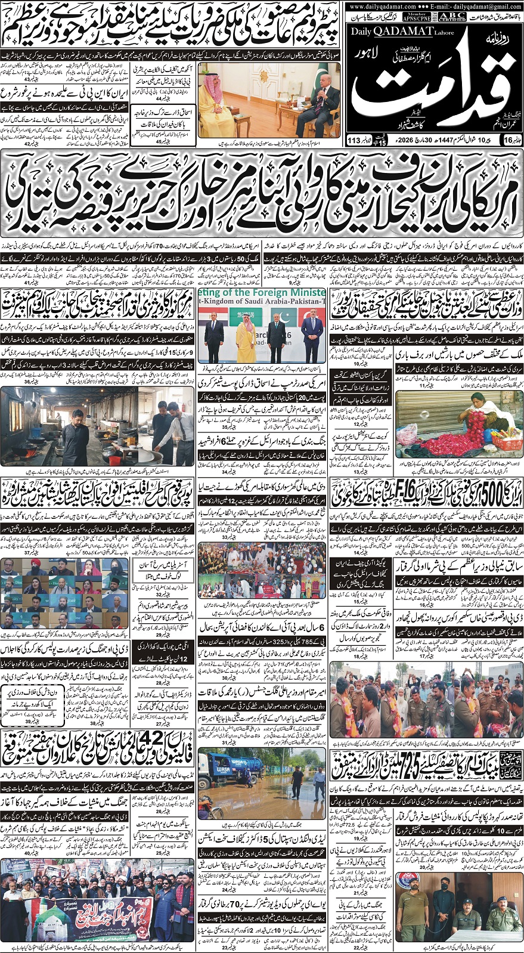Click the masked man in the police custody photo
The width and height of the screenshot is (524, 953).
click(x=444, y=901)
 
